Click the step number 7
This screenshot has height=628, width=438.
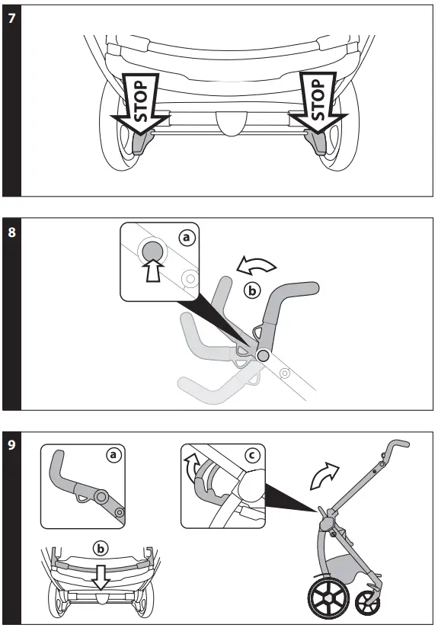click(11, 18)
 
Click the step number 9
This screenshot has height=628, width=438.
click(11, 444)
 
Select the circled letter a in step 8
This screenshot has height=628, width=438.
click(187, 238)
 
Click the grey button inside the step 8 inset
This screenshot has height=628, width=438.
click(153, 252)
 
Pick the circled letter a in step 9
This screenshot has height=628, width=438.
click(113, 455)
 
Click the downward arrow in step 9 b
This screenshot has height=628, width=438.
click(101, 581)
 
